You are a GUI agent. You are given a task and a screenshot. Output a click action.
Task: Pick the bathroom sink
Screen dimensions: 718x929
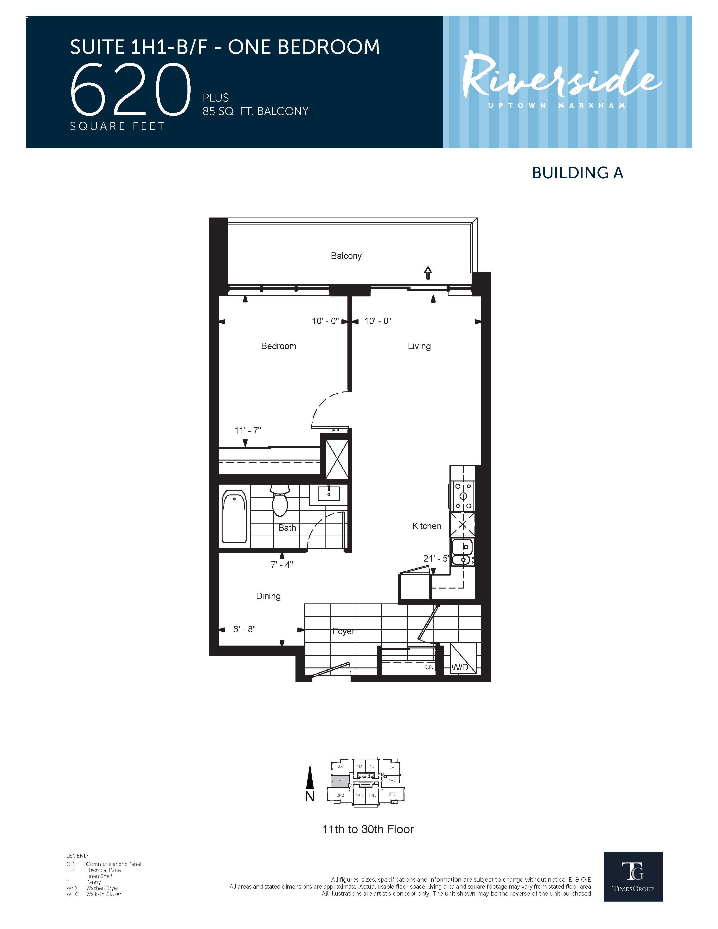coord(328,494)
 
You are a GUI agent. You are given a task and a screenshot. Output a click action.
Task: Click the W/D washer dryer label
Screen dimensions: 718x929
coord(459,667)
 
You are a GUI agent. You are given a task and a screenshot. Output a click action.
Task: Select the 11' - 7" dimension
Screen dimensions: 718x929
coord(248,430)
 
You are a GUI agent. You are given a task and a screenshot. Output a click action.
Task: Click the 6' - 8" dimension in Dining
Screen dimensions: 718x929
coord(244,629)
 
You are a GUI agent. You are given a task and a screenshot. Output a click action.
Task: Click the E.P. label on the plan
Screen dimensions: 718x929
coord(336,430)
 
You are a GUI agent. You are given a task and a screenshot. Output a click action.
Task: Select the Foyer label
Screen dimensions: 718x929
coord(343,631)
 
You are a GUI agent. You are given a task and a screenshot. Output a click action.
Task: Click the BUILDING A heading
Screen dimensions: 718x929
coord(577,173)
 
